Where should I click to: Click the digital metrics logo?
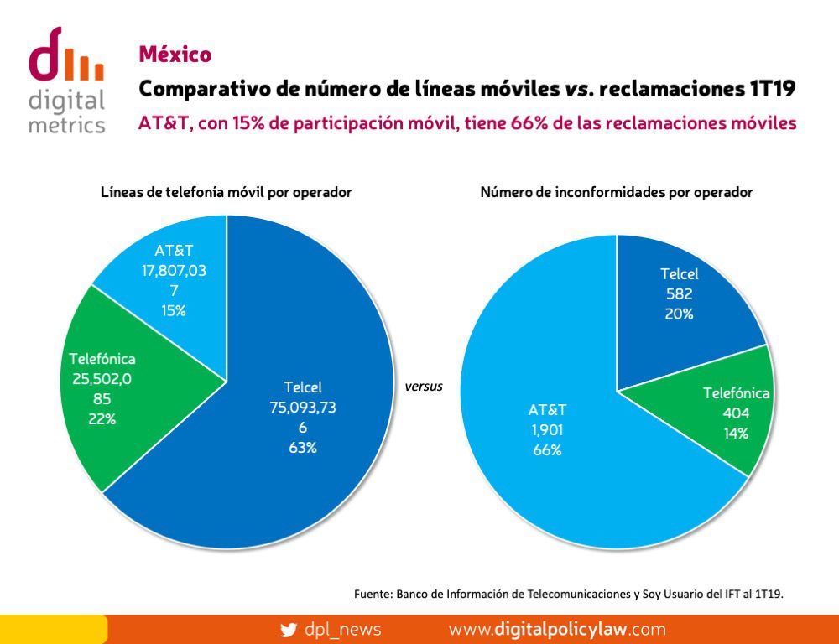[66, 80]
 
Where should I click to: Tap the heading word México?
[175, 55]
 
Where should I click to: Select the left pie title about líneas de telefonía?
[226, 192]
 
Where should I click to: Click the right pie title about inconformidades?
[616, 192]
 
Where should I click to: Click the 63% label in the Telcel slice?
[303, 448]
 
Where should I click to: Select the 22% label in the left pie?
[102, 419]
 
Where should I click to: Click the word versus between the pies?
[423, 387]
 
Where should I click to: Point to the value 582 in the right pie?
[679, 293]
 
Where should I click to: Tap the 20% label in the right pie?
[679, 314]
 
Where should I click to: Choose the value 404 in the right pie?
[736, 413]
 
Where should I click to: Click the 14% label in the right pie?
[736, 434]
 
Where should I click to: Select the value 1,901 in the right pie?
[547, 430]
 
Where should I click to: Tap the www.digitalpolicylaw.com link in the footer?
[557, 629]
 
